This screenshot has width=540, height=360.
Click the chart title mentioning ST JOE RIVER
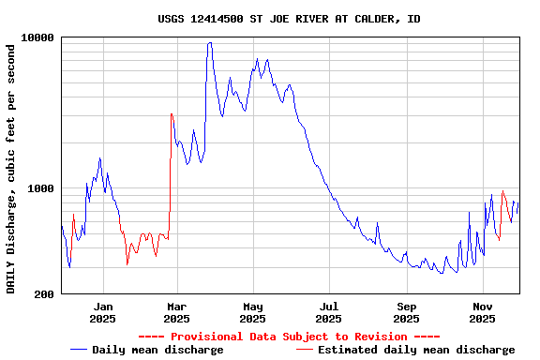(289, 19)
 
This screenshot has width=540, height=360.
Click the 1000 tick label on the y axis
(41, 188)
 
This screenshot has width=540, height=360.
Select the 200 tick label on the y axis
(44, 294)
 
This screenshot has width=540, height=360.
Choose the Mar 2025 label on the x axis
(176, 312)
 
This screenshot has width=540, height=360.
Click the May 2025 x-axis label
(252, 312)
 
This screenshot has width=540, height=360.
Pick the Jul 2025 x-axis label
(328, 312)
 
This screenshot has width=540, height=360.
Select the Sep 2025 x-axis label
(406, 312)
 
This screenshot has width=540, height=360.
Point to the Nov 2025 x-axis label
(482, 312)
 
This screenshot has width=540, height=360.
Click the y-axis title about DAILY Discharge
(12, 167)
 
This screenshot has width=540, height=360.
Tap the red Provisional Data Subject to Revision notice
(289, 337)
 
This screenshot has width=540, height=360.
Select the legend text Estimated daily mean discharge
(416, 350)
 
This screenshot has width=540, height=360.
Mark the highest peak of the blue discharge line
(210, 42)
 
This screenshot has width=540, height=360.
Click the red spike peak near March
(172, 113)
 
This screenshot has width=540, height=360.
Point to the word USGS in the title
(172, 19)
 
